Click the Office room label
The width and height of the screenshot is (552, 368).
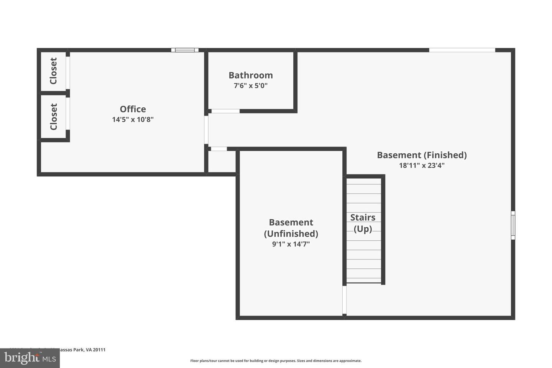[133, 109]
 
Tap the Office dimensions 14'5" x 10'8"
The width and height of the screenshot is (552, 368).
[133, 120]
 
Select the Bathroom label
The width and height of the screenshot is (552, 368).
[251, 75]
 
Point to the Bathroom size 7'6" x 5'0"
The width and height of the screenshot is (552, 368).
[251, 85]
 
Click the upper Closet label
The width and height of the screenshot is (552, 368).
[54, 71]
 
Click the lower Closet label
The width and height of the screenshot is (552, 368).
[54, 117]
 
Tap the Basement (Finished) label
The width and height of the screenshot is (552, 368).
[422, 155]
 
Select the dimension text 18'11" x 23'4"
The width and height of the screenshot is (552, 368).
[422, 166]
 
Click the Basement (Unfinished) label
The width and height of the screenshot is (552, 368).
[291, 228]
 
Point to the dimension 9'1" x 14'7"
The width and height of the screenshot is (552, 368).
[291, 244]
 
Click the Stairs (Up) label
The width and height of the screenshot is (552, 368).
[363, 223]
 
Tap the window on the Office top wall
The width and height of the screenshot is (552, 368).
[185, 50]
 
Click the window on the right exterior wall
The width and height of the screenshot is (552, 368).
[513, 225]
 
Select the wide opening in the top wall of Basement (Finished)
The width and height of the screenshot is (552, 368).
[462, 50]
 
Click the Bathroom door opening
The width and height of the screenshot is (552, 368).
[225, 111]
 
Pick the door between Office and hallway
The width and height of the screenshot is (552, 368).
[206, 130]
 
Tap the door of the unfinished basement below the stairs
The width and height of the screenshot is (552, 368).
[344, 300]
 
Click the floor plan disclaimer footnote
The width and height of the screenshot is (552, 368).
[276, 361]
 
